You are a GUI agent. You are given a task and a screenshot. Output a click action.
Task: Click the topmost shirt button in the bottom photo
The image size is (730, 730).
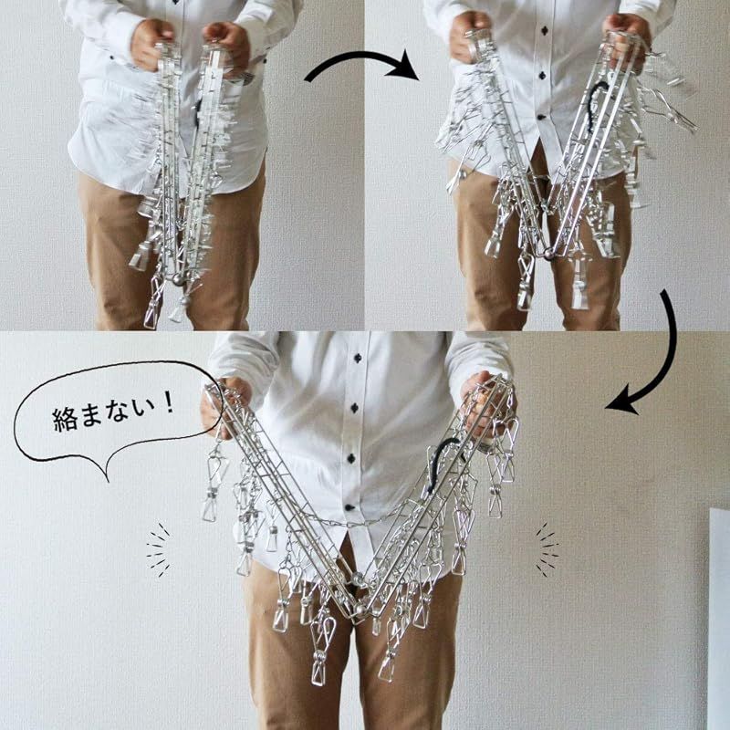pyautogui.click(x=355, y=358)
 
